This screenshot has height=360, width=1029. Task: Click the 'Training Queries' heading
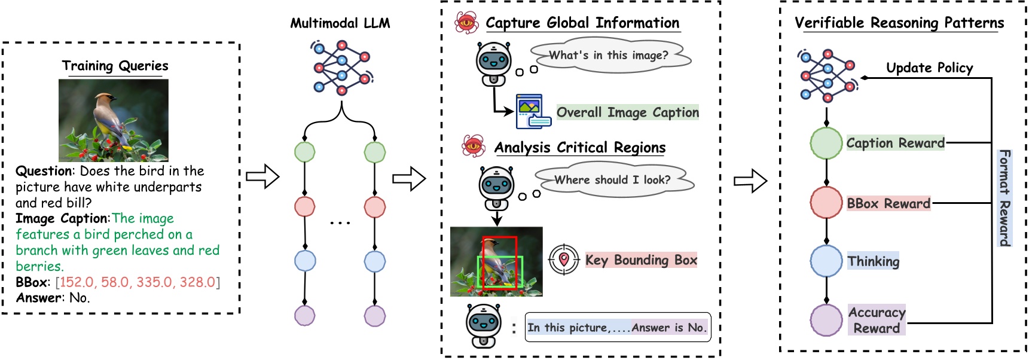pos(115,66)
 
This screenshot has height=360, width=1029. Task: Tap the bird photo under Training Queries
pos(114,120)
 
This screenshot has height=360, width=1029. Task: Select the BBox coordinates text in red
pos(138,282)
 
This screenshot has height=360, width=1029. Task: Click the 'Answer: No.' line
pos(53,298)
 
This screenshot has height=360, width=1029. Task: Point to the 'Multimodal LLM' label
pos(340,23)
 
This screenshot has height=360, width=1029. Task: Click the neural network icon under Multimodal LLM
pos(341,67)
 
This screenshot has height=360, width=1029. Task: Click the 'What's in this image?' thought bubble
pos(609,56)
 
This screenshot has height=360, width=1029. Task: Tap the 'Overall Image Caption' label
pos(627,112)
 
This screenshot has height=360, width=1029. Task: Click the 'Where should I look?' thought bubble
pos(612,180)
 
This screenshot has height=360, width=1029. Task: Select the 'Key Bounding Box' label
pos(641,260)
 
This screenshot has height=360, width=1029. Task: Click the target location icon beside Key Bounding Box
pos(564,260)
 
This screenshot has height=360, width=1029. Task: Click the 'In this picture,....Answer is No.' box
pos(617,328)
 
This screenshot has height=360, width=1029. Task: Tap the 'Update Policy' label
pos(929,68)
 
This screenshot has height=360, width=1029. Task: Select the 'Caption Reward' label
pos(895,143)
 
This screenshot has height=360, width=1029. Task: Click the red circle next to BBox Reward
pos(826,202)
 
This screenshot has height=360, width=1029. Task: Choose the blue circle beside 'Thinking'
pos(826,261)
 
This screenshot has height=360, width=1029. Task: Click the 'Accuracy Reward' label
pos(877,320)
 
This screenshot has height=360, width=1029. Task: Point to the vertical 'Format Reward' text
pos(1004,197)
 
